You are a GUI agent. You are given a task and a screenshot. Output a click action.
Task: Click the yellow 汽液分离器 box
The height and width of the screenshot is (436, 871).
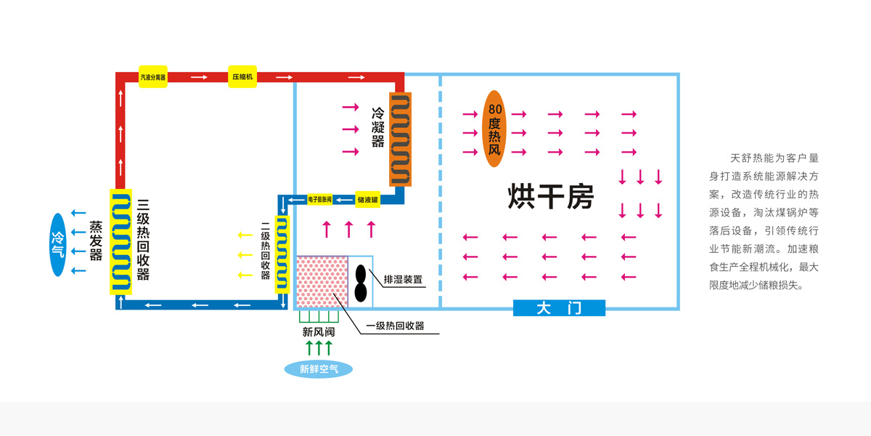pyautogui.click(x=153, y=76)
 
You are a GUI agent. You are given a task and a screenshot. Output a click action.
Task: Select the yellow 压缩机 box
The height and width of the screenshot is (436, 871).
pyautogui.click(x=242, y=76)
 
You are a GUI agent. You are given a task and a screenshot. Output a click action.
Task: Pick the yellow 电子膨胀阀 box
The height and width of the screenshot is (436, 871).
pyautogui.click(x=320, y=198)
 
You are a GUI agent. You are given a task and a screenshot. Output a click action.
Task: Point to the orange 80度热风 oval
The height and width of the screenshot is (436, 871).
pyautogui.click(x=494, y=129)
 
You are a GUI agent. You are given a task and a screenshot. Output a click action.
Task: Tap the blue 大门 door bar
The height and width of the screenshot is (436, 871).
pyautogui.click(x=559, y=308)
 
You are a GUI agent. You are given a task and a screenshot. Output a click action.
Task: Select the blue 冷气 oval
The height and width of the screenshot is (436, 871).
pyautogui.click(x=57, y=245)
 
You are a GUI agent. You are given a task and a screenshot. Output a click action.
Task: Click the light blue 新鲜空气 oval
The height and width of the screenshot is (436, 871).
pyautogui.click(x=319, y=369)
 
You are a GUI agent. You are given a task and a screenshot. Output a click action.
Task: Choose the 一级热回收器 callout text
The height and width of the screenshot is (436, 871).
pyautogui.click(x=395, y=326)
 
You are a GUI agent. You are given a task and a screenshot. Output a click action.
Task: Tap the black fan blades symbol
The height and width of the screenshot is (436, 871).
pyautogui.click(x=361, y=282)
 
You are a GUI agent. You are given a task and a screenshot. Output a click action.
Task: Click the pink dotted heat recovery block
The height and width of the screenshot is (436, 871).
pyautogui.click(x=323, y=281)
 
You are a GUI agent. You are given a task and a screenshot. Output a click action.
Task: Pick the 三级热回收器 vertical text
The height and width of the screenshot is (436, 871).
pyautogui.click(x=143, y=240)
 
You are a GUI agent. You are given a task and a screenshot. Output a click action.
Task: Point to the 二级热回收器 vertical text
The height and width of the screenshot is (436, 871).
pyautogui.click(x=265, y=251)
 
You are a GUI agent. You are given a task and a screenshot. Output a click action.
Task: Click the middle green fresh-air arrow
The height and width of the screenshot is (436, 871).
pyautogui.click(x=319, y=347)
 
